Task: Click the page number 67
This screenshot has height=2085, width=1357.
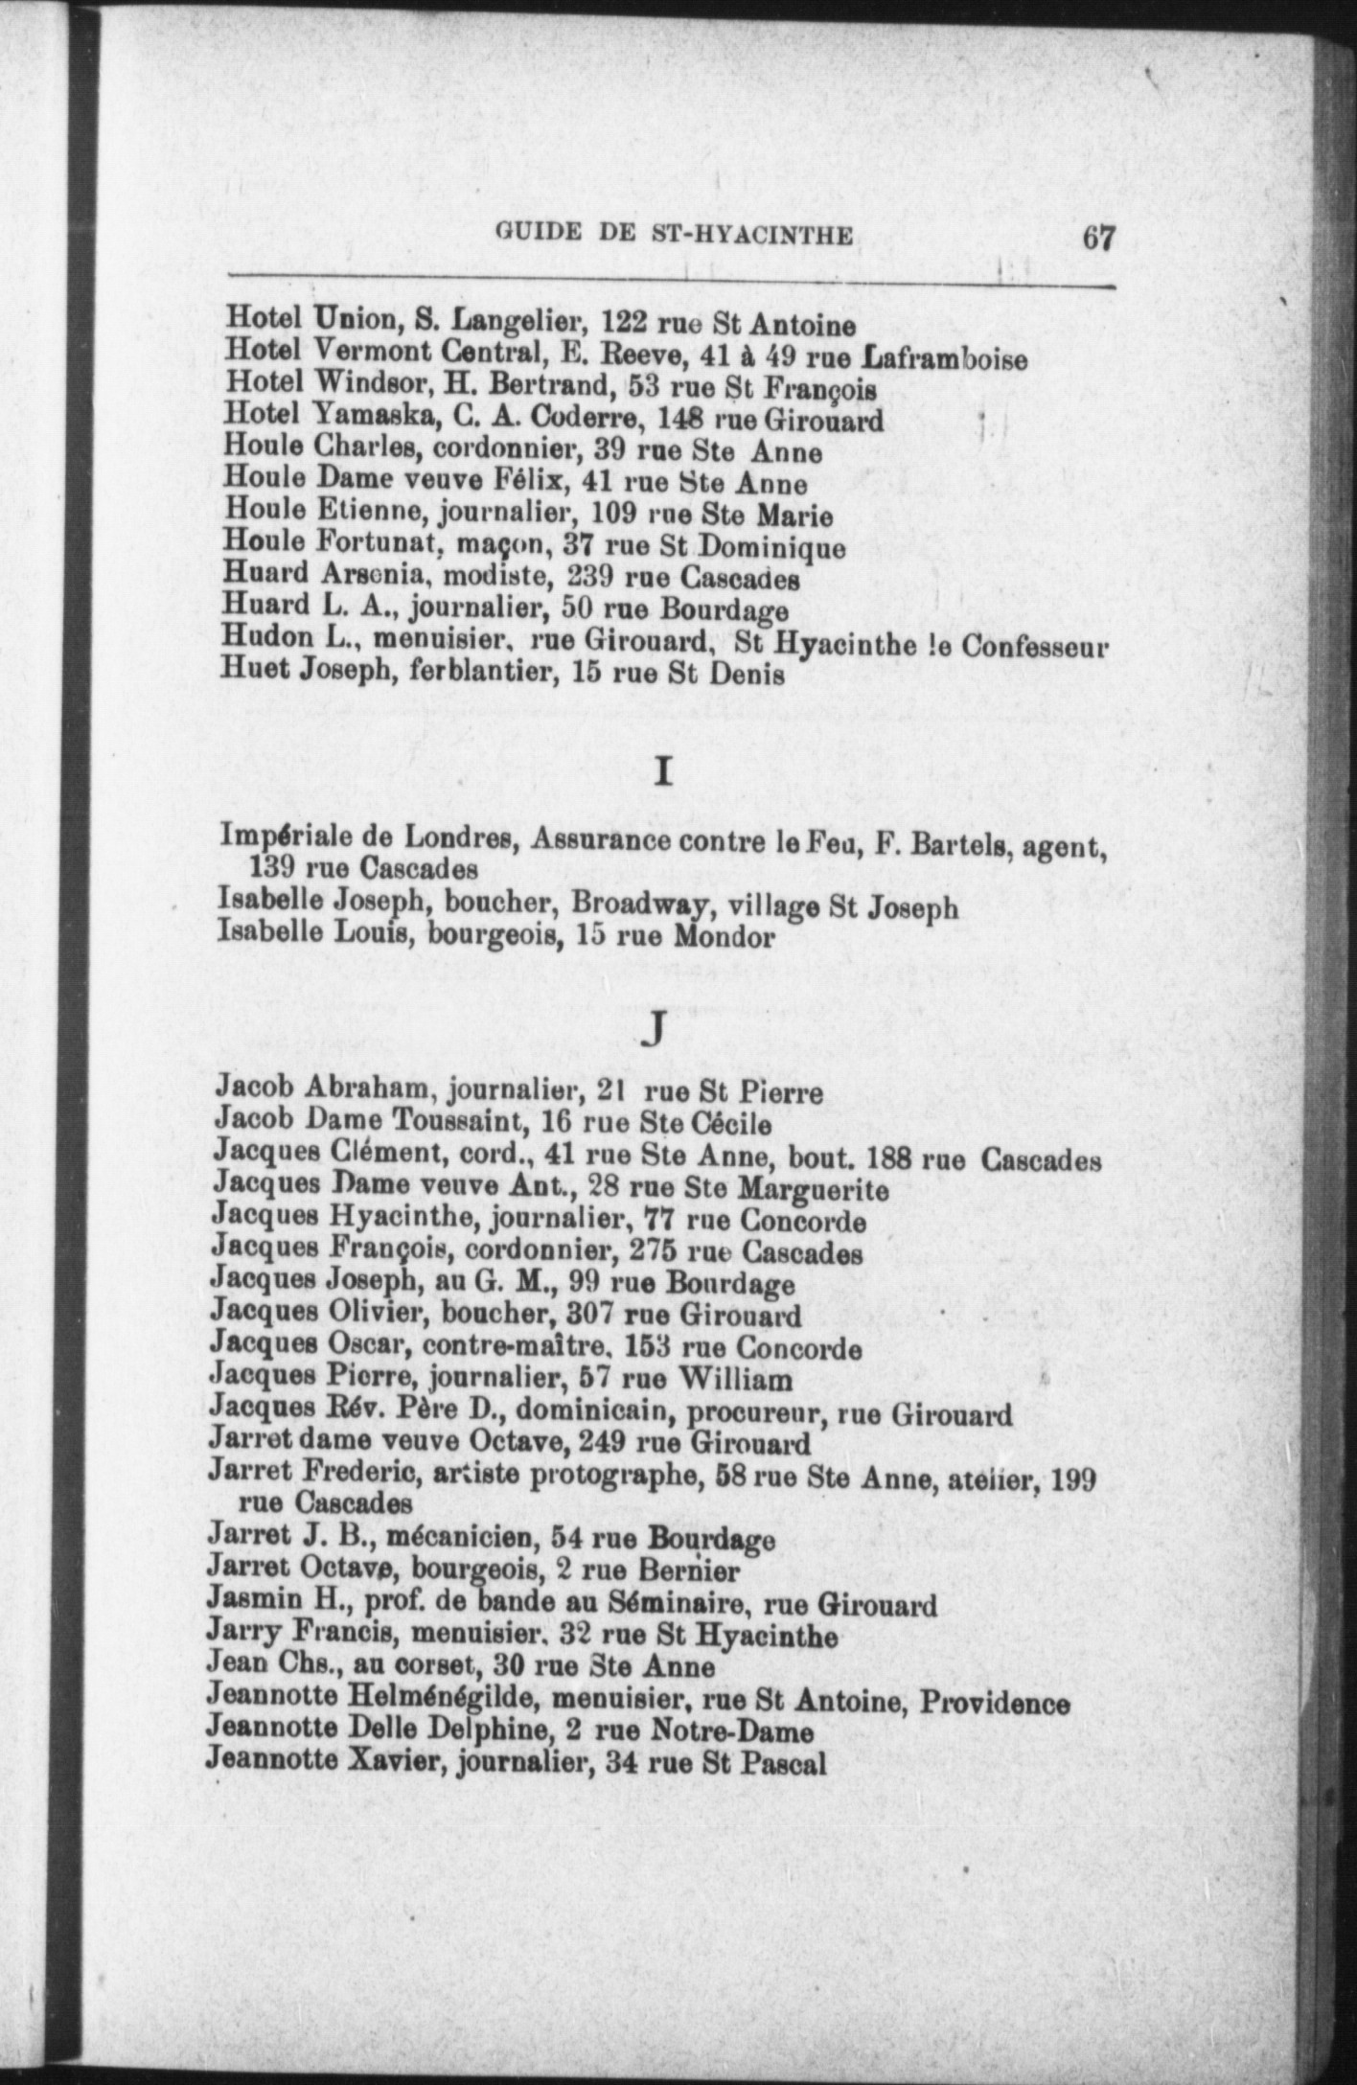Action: click(x=1098, y=237)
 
